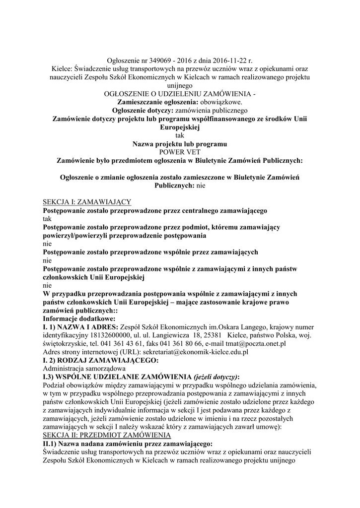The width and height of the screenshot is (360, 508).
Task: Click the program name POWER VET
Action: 180,152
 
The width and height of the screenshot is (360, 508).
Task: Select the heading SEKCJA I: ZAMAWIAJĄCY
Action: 87,201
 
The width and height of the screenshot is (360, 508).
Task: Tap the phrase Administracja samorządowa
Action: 84,369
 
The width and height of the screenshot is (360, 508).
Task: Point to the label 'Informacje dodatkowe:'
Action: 79,318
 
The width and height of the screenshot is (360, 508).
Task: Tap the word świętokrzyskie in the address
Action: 67,343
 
